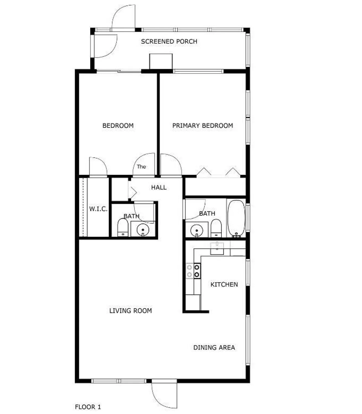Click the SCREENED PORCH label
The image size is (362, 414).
(x=169, y=41)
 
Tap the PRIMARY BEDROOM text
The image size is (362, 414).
(x=203, y=126)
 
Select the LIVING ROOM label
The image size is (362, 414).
(x=130, y=311)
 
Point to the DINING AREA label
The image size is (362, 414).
(x=214, y=347)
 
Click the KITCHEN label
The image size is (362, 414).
(x=224, y=285)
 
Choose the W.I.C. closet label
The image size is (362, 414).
(x=98, y=209)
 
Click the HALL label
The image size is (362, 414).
(x=159, y=188)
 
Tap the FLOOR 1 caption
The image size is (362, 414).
(x=88, y=407)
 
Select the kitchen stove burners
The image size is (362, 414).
(x=193, y=271)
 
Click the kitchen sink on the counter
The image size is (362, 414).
(x=217, y=248)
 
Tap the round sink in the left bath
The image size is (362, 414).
(x=143, y=230)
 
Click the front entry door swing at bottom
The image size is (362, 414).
(x=163, y=395)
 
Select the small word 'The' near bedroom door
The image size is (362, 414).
(x=141, y=167)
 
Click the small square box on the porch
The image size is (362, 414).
(x=161, y=61)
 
